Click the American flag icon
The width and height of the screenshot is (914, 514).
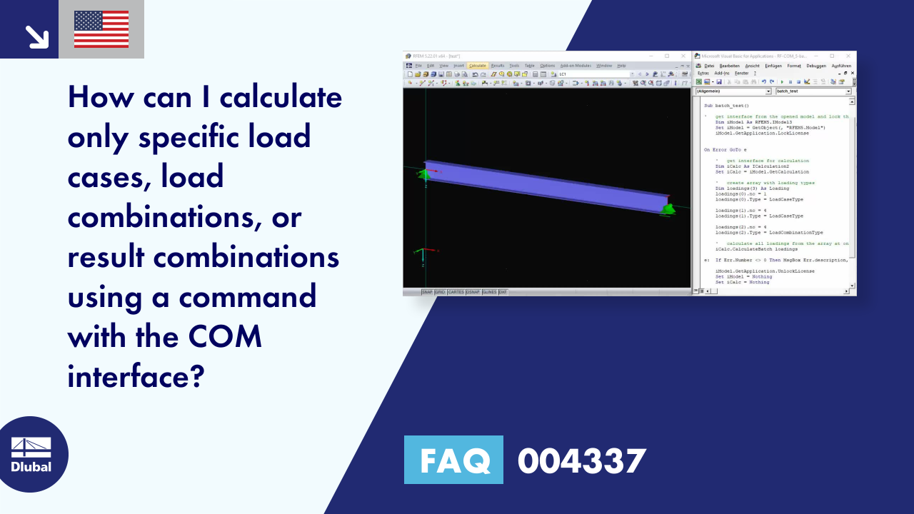[x=101, y=29]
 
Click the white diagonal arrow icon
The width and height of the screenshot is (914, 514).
[x=36, y=36]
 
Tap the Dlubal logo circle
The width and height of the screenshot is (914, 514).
[x=31, y=454]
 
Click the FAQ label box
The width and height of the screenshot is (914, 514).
[x=453, y=460]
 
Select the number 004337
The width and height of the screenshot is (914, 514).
[x=581, y=460]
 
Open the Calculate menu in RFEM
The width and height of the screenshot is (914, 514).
[x=478, y=66]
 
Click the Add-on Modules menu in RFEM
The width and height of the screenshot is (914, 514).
[x=576, y=66]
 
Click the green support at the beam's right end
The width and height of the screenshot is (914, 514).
[x=668, y=208]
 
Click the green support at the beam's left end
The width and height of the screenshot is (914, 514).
[x=424, y=173]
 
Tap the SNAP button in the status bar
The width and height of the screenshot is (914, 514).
[x=427, y=292]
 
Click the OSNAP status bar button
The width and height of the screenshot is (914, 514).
[x=473, y=292]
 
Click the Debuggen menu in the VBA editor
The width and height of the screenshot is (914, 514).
[x=815, y=66]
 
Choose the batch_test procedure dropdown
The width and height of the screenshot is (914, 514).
[x=813, y=91]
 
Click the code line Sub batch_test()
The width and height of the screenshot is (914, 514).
[x=726, y=106]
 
